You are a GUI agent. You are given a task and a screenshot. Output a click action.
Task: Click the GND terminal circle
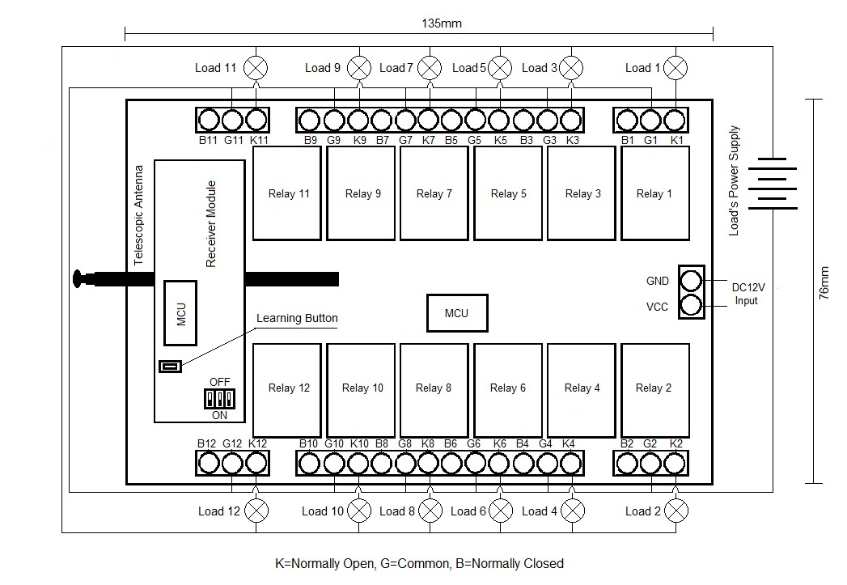point(691,280)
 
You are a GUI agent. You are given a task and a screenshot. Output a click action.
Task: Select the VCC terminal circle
point(691,306)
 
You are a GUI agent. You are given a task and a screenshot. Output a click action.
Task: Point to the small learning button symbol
point(170,367)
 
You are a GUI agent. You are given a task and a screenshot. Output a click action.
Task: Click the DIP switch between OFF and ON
point(219,399)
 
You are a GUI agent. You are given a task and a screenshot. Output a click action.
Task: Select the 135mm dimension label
point(442,23)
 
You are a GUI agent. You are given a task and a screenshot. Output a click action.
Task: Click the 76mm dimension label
point(824,283)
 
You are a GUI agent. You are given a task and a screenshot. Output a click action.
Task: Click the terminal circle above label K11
point(256,120)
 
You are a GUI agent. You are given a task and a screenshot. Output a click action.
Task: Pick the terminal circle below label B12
point(209,463)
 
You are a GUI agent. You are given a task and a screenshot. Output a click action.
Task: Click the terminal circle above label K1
point(675,120)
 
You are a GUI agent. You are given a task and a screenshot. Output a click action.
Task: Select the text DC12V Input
point(747,294)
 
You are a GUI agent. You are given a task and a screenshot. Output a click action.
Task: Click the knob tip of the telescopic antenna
point(78,278)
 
